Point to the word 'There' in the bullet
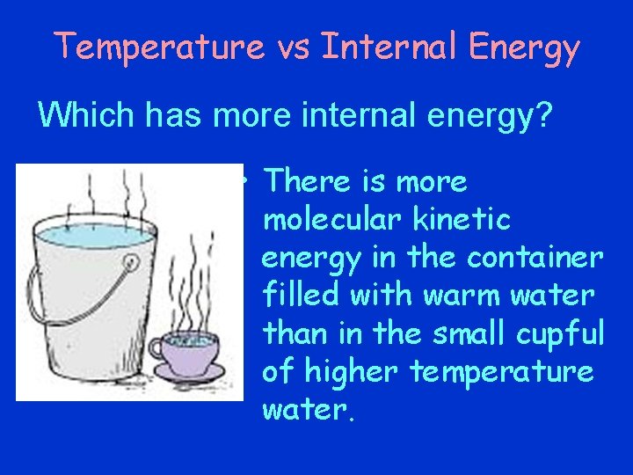coord(308,182)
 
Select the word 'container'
coord(535,258)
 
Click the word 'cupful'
coord(559,333)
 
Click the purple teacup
coord(189,351)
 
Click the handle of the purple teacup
coord(157,348)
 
